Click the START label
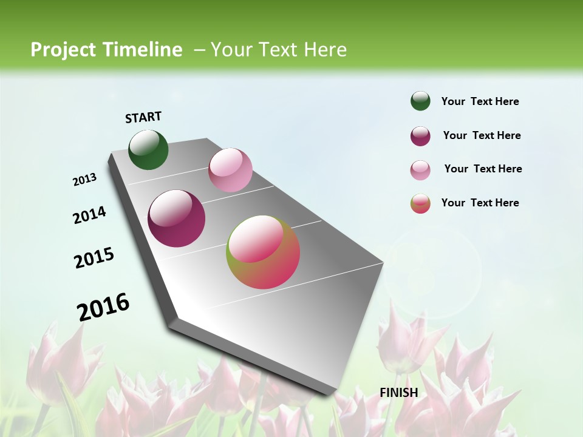click(143, 117)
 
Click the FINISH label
click(398, 393)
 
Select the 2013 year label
click(85, 180)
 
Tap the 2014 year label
click(89, 215)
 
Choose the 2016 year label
click(103, 307)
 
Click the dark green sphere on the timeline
click(148, 149)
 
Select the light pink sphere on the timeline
click(230, 170)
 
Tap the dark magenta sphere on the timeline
click(177, 218)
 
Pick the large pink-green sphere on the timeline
click(263, 252)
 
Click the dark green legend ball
click(420, 101)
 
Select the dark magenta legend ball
click(420, 136)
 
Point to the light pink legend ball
click(420, 170)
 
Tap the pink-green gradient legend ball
click(420, 203)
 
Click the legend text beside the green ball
click(480, 101)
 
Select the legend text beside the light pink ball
click(483, 169)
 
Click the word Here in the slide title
click(325, 50)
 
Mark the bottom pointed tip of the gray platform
click(333, 395)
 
